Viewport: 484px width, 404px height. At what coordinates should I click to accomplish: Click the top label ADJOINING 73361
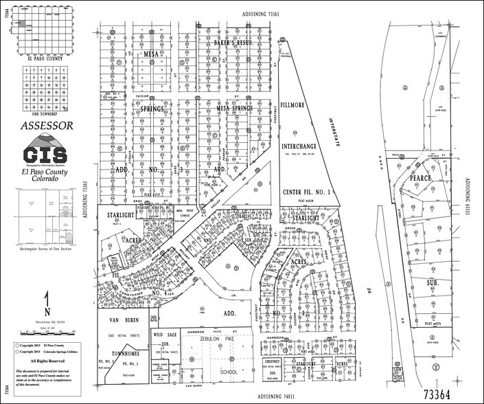coord(261,14)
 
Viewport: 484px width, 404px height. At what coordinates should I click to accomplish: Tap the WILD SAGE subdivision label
coord(165,335)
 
